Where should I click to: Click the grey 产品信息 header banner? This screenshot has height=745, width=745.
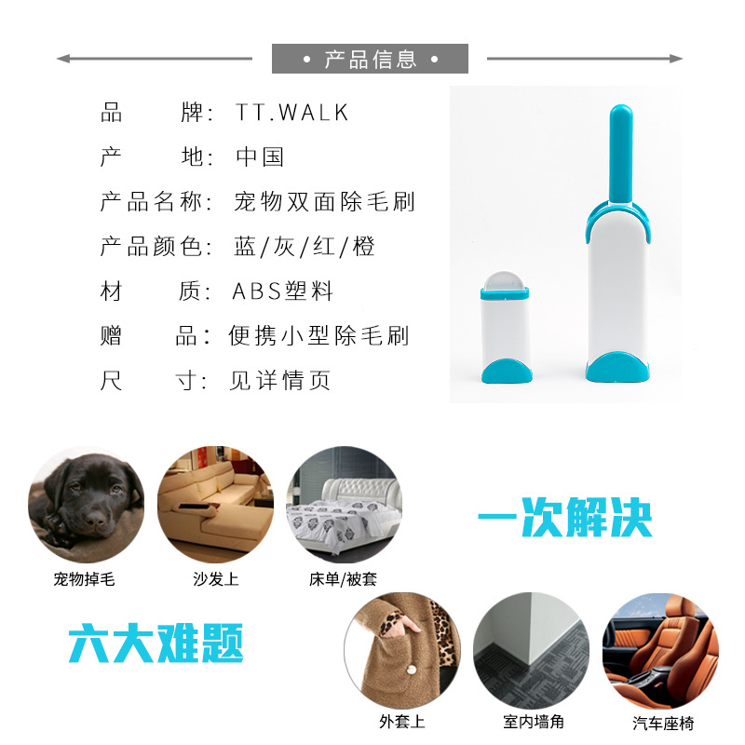[370, 59]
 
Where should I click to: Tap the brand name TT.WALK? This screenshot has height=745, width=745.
[291, 113]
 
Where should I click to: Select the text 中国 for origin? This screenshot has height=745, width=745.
[260, 156]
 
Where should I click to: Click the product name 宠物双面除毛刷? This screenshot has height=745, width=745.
[324, 201]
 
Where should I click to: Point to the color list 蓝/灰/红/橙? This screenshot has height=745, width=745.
[305, 246]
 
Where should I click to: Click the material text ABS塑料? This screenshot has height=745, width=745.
[283, 291]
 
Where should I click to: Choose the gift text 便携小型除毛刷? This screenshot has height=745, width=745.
[318, 335]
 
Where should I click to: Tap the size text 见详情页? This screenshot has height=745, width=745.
[280, 380]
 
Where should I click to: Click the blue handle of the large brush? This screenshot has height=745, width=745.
[620, 154]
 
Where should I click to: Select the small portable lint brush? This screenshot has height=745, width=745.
[506, 327]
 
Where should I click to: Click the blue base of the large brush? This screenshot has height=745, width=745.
[617, 367]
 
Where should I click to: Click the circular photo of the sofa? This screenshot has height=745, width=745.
[216, 505]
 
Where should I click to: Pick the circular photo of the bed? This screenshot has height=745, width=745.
[344, 505]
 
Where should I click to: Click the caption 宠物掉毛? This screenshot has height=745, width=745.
[84, 579]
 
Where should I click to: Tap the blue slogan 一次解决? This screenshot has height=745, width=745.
[565, 517]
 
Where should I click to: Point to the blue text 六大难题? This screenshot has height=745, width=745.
[156, 643]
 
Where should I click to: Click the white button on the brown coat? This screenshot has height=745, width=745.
[412, 670]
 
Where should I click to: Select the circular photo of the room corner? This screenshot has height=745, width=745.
[531, 651]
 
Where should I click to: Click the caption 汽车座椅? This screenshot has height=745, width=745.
[663, 724]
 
